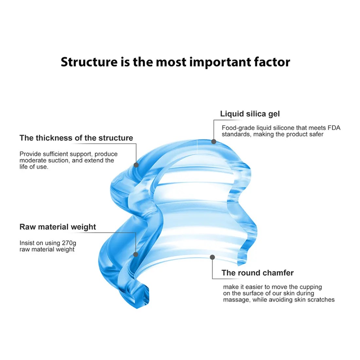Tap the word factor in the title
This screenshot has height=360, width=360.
click(272, 62)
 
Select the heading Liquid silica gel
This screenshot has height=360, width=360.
click(250, 114)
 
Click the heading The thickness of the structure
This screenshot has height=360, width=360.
click(76, 138)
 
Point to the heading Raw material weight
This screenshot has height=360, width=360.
click(58, 227)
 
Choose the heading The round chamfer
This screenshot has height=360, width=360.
click(258, 273)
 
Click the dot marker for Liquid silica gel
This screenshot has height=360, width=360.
click(214, 141)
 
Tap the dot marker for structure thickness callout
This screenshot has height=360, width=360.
click(136, 165)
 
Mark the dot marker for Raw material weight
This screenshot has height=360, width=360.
click(135, 254)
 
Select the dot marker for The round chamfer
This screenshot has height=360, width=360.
click(212, 257)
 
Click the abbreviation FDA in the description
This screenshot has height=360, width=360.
click(334, 128)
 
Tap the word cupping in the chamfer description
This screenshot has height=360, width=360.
click(311, 287)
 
